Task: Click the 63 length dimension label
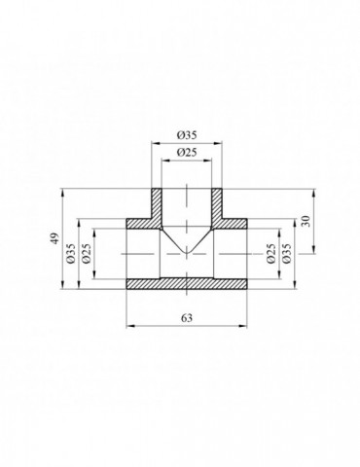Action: click(187, 318)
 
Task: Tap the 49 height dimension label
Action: click(56, 238)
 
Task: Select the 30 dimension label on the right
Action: click(307, 221)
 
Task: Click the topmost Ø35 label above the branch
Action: click(187, 135)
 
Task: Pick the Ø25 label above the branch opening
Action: click(187, 152)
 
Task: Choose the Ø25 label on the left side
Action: click(87, 253)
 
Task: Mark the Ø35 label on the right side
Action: click(287, 253)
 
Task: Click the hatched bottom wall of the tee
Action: click(187, 284)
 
